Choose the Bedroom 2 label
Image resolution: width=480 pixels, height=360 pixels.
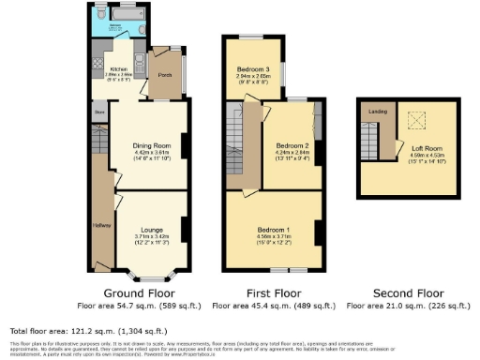point(292,146)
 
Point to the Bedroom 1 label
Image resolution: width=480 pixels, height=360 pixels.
point(275,230)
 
